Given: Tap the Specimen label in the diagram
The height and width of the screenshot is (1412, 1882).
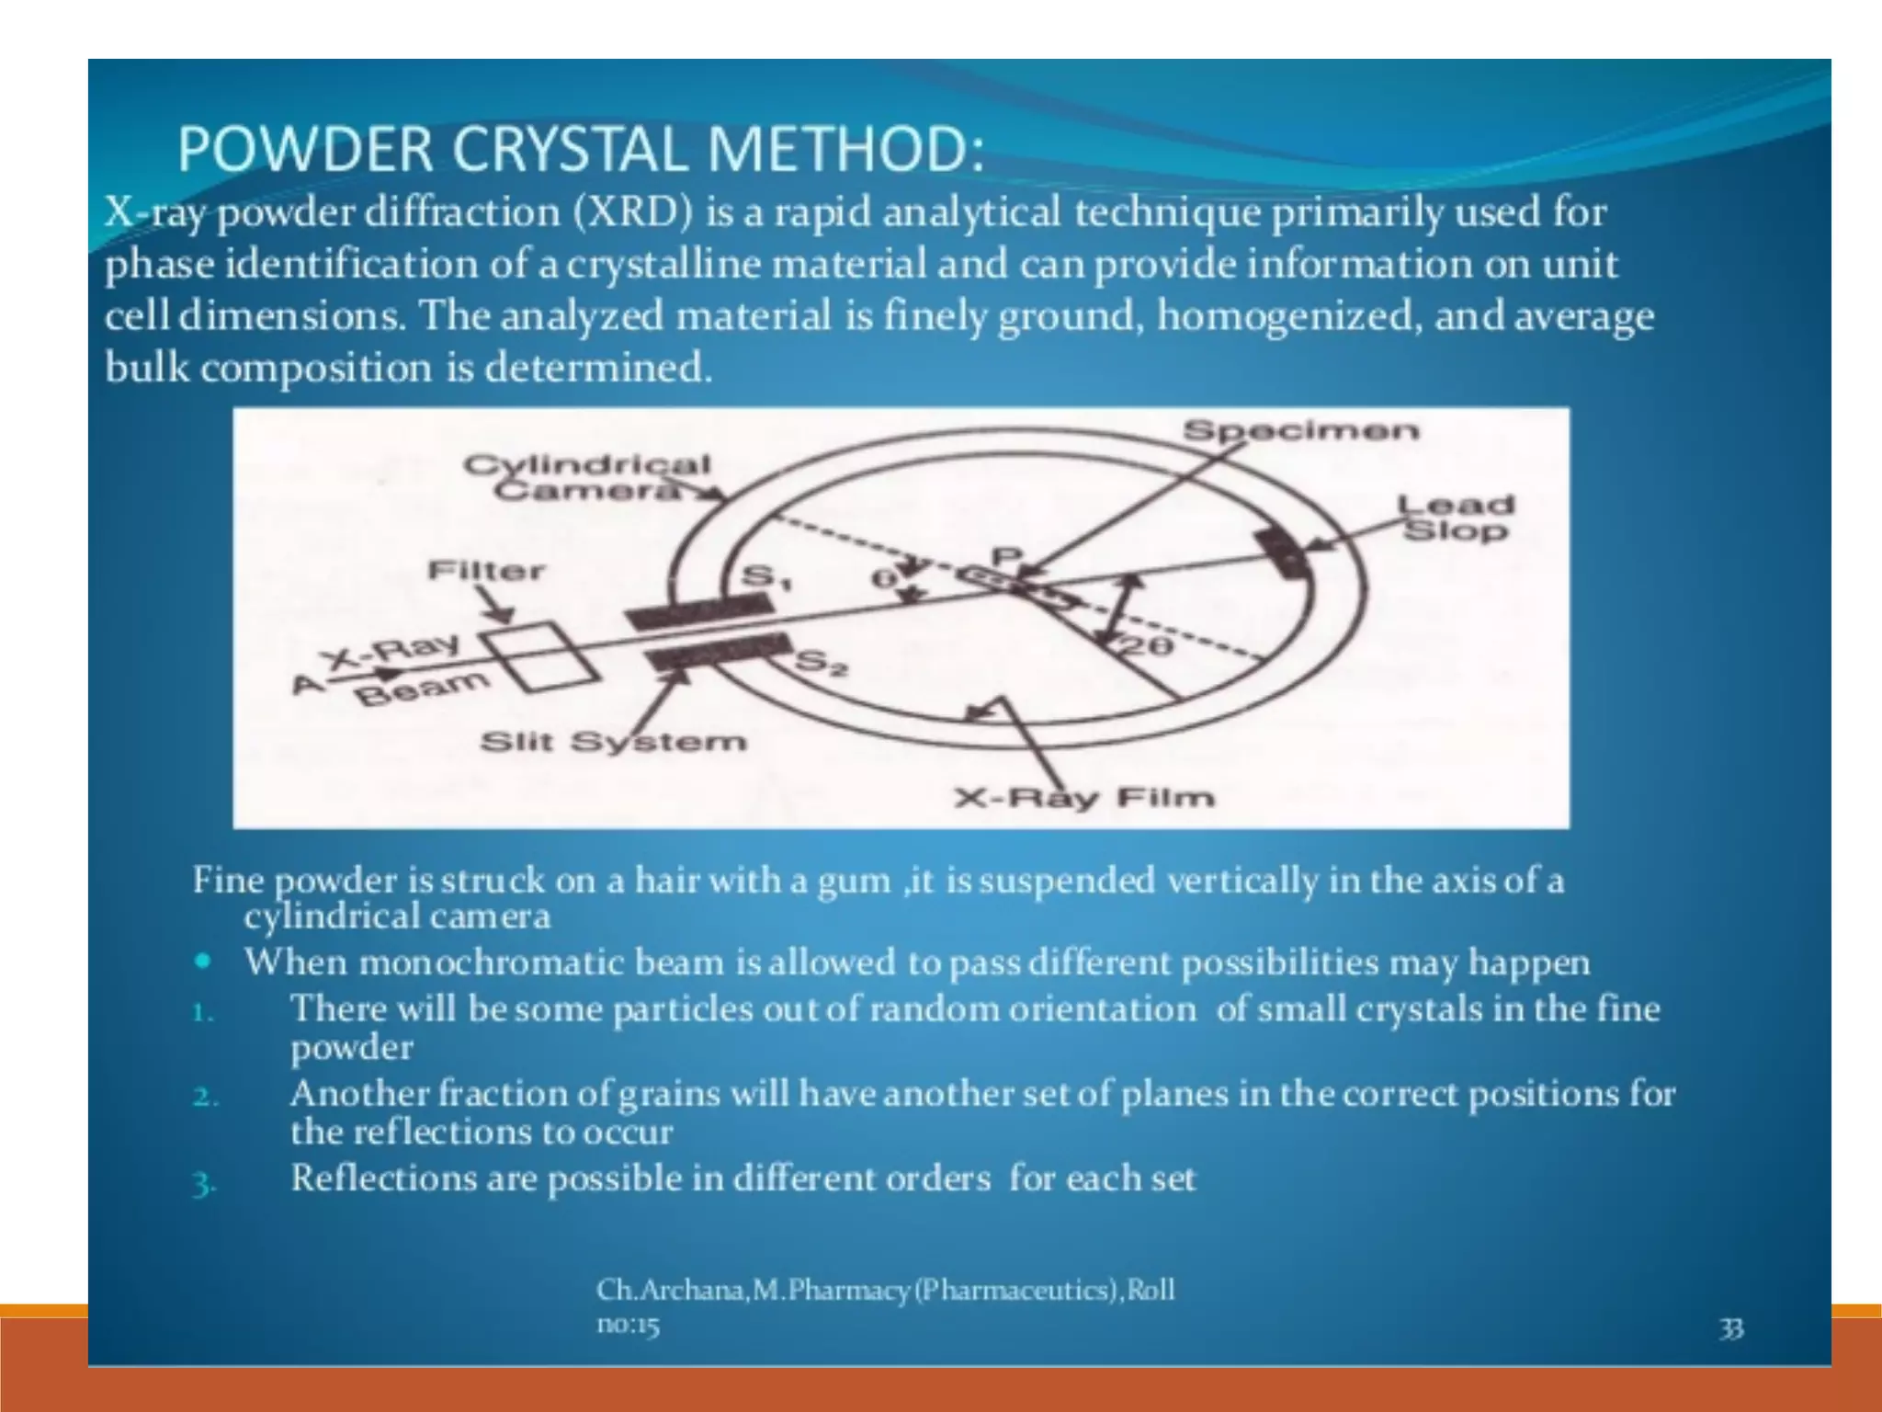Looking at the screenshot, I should (x=1300, y=430).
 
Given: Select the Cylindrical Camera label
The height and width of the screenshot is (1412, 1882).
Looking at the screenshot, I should (x=586, y=476).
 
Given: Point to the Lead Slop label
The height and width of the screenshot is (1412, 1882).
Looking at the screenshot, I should (x=1455, y=518).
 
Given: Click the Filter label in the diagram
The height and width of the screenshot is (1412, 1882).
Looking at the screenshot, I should (x=486, y=571).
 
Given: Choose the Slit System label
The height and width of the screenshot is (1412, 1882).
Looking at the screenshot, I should (x=613, y=741).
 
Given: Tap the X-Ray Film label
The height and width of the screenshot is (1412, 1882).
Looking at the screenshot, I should (x=1084, y=797).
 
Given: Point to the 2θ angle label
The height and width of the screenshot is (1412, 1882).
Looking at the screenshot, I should (x=1146, y=646).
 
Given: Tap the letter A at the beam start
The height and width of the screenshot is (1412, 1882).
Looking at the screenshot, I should (x=307, y=684).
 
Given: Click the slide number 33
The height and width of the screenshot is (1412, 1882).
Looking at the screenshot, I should (x=1731, y=1328).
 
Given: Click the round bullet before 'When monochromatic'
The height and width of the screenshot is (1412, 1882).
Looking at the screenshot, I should (x=203, y=962).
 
